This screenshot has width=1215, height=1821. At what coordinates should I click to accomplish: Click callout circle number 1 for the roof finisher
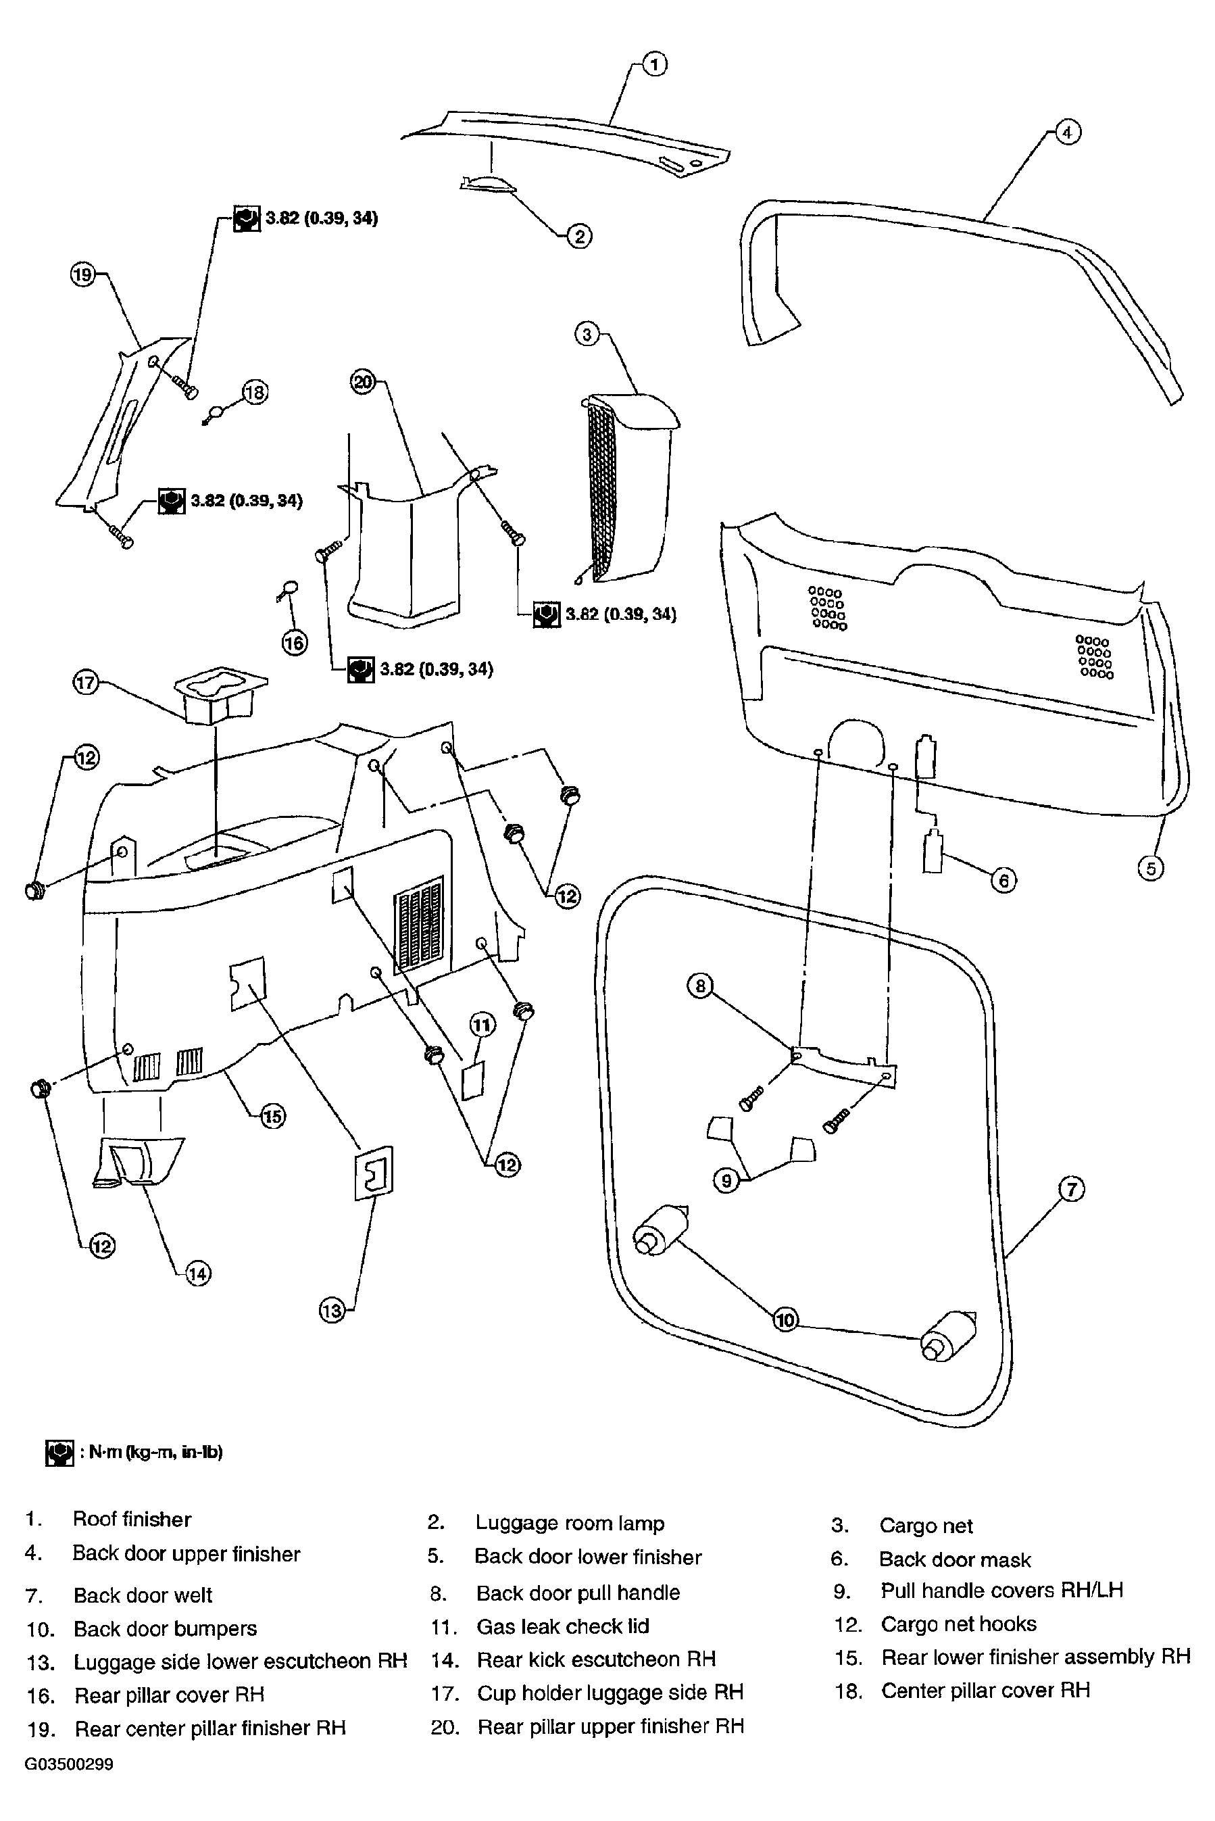[655, 64]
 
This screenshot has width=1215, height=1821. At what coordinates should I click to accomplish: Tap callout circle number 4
[1067, 133]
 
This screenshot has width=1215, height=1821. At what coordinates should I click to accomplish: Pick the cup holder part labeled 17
[222, 694]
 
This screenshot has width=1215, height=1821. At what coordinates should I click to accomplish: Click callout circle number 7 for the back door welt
[1071, 1189]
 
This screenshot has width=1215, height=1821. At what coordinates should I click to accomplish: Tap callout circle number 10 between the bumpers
[785, 1319]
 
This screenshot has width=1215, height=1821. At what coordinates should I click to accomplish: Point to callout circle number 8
[701, 986]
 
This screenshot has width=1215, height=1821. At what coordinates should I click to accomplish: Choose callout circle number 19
[83, 274]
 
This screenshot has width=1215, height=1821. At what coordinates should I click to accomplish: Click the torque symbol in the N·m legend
[59, 1453]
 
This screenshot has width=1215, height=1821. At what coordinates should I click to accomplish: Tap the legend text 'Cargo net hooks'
[958, 1624]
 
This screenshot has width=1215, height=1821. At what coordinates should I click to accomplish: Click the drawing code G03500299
[69, 1764]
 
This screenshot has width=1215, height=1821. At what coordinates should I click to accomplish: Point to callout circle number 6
[1003, 880]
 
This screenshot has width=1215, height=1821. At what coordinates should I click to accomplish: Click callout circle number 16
[295, 642]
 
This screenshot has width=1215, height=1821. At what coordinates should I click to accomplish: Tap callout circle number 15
[273, 1117]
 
